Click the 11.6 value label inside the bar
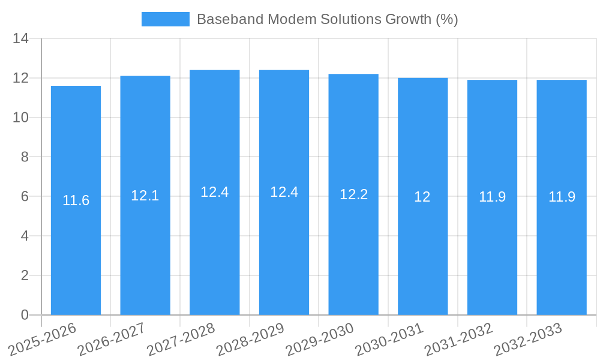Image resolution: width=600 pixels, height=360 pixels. (x=76, y=200)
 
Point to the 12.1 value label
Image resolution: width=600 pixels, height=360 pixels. (x=145, y=196)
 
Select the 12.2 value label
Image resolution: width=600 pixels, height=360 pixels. (x=353, y=194)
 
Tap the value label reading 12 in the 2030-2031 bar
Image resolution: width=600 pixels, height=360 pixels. (x=422, y=197)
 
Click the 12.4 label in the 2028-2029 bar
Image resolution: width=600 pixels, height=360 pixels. (x=284, y=192)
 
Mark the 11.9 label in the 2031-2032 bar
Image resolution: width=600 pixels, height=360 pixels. (x=492, y=197)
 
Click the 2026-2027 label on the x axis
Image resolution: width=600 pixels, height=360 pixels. (x=111, y=339)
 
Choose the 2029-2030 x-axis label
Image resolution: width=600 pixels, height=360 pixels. (x=319, y=339)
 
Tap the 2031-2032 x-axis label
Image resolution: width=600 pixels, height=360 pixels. (x=458, y=339)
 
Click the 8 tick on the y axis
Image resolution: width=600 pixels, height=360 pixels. (x=25, y=157)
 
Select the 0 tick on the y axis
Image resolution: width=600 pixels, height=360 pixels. (x=25, y=315)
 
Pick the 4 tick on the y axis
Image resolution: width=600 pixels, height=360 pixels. (x=25, y=236)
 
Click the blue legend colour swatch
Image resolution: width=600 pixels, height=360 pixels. (x=165, y=19)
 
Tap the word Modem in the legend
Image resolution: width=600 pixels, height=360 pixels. (x=287, y=19)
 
